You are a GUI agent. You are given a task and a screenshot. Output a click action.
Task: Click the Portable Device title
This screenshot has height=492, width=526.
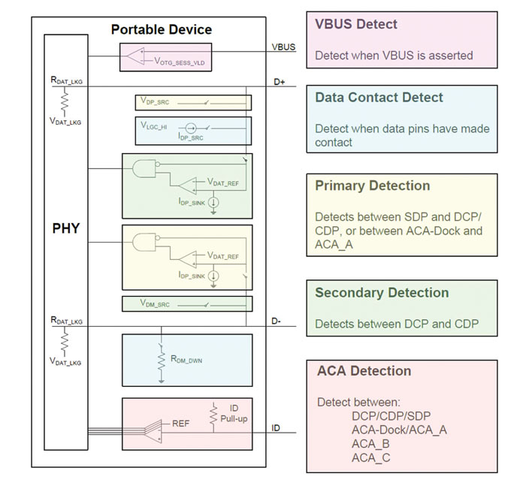point(161,30)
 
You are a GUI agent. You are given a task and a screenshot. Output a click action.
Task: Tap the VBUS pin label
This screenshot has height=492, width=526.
point(283,47)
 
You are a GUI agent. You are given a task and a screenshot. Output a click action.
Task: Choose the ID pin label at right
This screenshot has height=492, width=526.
point(277,427)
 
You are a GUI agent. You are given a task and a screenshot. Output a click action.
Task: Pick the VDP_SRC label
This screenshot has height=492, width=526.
point(153,101)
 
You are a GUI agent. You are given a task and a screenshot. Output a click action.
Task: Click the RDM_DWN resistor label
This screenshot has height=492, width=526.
point(186,361)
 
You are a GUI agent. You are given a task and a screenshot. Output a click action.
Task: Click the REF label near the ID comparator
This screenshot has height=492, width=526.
point(181,424)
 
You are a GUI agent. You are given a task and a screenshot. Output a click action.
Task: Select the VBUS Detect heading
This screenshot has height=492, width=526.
point(356,24)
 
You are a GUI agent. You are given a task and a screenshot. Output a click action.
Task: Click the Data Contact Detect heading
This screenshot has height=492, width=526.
point(379,98)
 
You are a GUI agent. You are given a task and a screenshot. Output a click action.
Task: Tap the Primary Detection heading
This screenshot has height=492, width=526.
point(372,186)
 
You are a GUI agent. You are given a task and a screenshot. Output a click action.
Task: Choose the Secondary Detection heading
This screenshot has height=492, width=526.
point(382,293)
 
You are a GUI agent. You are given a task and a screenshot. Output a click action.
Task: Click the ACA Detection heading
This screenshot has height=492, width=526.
point(364,371)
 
